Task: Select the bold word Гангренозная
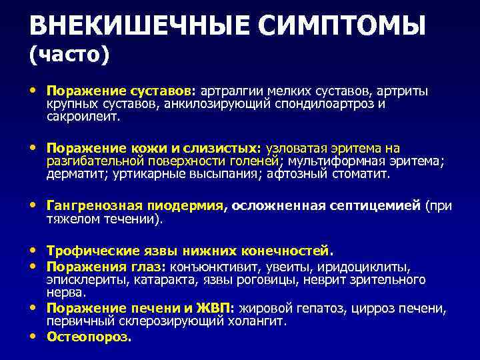(x=87, y=206)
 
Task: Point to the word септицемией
(x=373, y=206)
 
